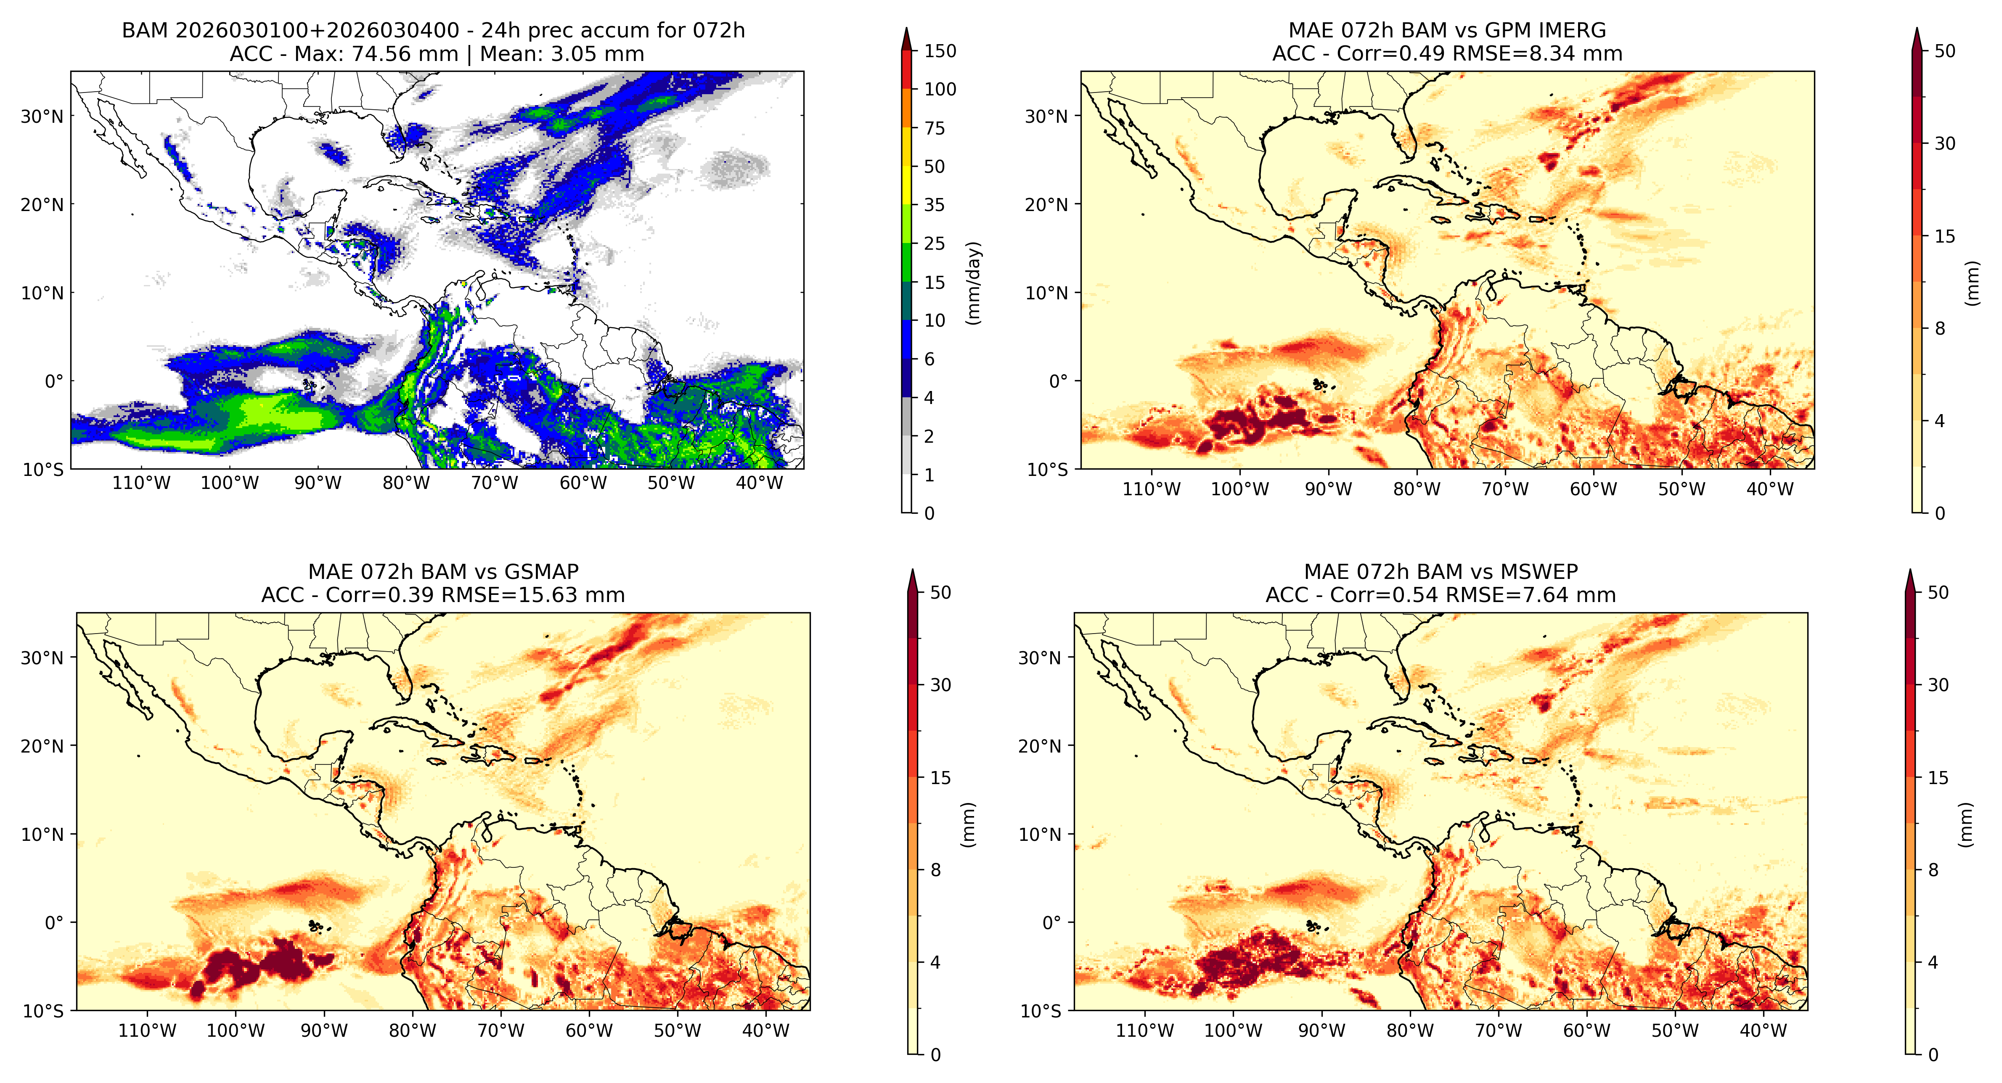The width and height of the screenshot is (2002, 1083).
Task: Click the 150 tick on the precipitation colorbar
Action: (940, 51)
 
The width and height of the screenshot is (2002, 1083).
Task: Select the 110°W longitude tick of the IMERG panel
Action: (1151, 489)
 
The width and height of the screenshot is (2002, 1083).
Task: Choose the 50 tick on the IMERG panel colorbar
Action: (1944, 51)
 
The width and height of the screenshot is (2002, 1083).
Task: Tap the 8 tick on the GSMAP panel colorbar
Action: (936, 870)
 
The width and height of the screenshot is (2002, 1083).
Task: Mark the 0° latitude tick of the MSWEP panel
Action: (1051, 923)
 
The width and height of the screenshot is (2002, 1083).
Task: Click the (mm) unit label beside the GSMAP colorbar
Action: (968, 824)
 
